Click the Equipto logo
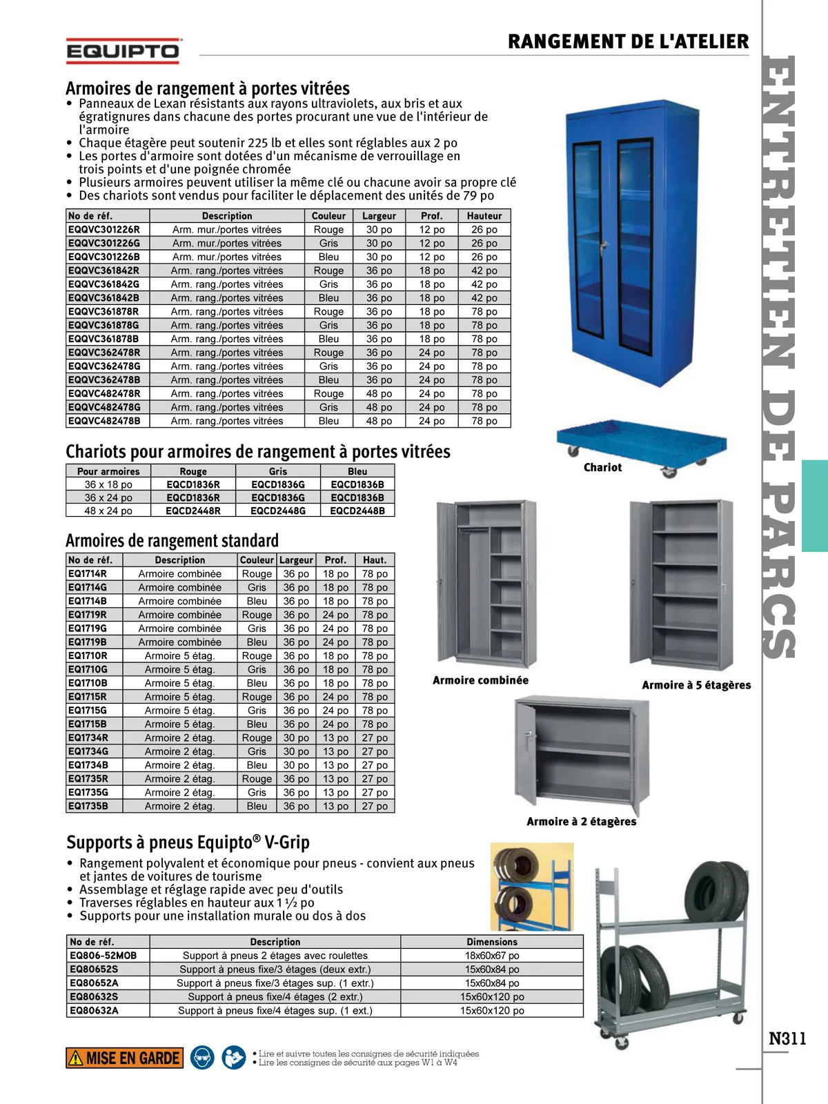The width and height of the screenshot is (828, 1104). click(x=124, y=51)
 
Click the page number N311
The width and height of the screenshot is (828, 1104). click(x=787, y=1038)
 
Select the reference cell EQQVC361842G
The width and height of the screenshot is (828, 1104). click(x=103, y=284)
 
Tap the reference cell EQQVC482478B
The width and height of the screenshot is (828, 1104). click(x=104, y=421)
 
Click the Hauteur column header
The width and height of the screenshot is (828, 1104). click(x=484, y=216)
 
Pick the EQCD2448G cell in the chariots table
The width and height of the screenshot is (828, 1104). click(x=277, y=511)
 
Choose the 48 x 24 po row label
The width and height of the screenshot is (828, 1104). click(x=108, y=511)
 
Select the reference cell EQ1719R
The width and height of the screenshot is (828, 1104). click(x=88, y=615)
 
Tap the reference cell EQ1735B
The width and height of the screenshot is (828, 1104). click(x=88, y=806)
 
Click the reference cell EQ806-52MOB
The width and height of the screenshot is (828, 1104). click(x=103, y=956)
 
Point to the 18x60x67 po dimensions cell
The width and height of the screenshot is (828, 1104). click(x=492, y=956)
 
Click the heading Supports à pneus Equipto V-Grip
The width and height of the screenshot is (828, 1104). click(x=188, y=842)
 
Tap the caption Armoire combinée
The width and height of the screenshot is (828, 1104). click(x=480, y=680)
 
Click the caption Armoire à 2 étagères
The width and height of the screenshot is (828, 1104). click(x=581, y=821)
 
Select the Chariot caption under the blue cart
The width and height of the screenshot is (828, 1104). click(x=602, y=468)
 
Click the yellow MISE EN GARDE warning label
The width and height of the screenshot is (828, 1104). click(x=125, y=1058)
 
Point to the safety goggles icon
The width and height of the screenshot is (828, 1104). click(x=202, y=1058)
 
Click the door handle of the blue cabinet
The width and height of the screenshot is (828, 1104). click(x=604, y=246)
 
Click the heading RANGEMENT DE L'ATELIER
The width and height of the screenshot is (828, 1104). click(x=628, y=41)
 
